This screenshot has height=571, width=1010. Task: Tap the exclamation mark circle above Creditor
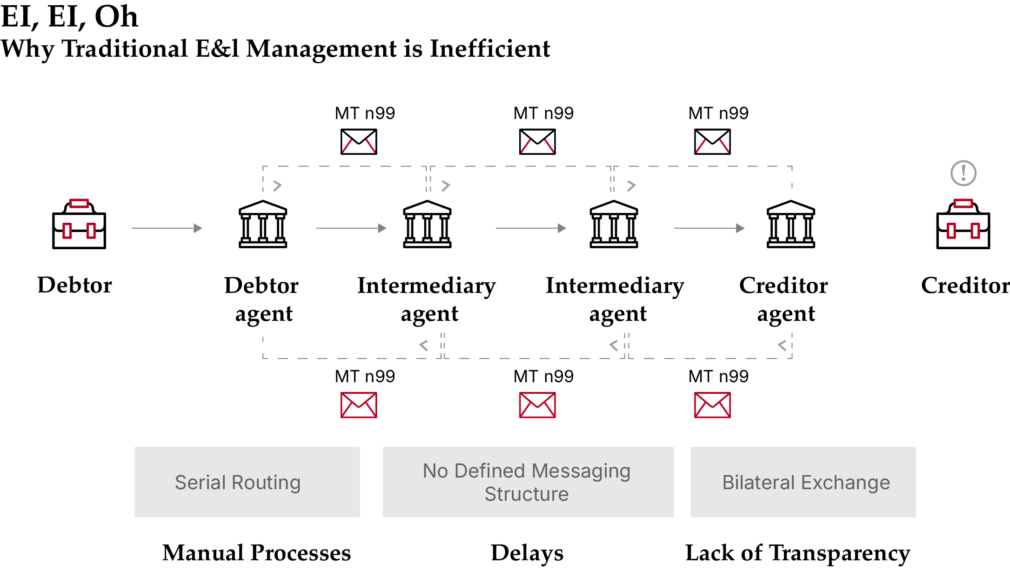(963, 173)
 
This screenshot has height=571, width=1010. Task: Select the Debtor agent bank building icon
(263, 224)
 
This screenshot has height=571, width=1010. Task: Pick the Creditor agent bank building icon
(791, 224)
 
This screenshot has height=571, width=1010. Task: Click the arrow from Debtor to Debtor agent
(167, 228)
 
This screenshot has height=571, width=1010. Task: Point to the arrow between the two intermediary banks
(530, 228)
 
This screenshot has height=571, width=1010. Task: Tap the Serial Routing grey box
(247, 482)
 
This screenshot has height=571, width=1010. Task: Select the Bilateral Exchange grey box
(803, 482)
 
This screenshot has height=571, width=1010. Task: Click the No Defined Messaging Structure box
(528, 482)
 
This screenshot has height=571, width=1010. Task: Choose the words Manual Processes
(256, 553)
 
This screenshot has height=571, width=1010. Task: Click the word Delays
(527, 553)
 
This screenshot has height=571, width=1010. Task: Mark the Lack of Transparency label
(797, 553)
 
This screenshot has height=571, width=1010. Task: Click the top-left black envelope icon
(359, 142)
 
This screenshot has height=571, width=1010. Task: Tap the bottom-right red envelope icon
(712, 405)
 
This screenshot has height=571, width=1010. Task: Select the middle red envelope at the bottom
(537, 405)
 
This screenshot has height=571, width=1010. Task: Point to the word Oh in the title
(116, 17)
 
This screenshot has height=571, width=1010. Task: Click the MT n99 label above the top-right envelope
(718, 113)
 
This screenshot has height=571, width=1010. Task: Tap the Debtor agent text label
(262, 299)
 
